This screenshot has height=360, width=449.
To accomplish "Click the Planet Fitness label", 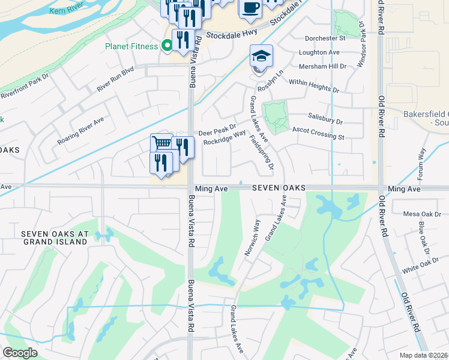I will click(x=131, y=46).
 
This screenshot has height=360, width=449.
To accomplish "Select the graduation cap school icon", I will click(x=261, y=56).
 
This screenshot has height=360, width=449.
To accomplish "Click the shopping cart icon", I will click(x=161, y=143).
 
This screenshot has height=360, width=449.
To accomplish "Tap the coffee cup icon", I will click(x=250, y=8).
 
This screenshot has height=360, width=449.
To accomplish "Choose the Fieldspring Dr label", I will click(x=265, y=150).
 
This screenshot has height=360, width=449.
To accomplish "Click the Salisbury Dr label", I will click(x=325, y=120).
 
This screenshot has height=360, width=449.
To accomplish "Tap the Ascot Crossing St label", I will click(x=318, y=133).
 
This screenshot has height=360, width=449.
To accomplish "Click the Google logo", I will click(x=20, y=353).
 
